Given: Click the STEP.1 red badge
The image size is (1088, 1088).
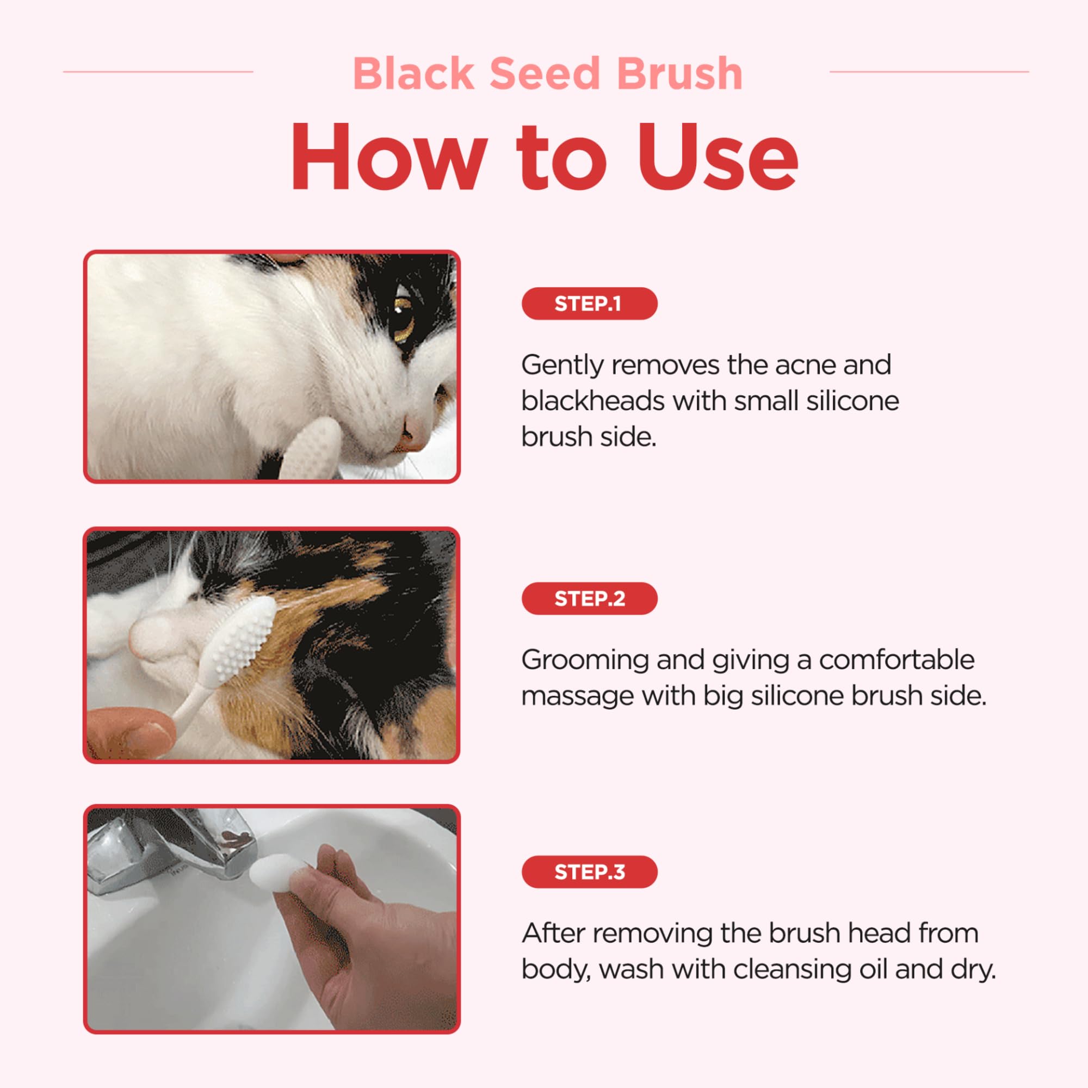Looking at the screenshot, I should (589, 304).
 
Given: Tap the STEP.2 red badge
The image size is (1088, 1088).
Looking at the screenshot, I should (589, 598).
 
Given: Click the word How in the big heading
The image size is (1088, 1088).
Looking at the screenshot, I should (388, 158).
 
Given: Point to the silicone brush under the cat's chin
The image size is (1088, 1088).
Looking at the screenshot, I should (310, 448).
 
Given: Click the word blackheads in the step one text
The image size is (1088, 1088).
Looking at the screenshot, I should (592, 401).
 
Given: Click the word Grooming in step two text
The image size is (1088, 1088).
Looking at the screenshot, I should (585, 660).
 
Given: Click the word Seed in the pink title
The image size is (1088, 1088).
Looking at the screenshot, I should (545, 74).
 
